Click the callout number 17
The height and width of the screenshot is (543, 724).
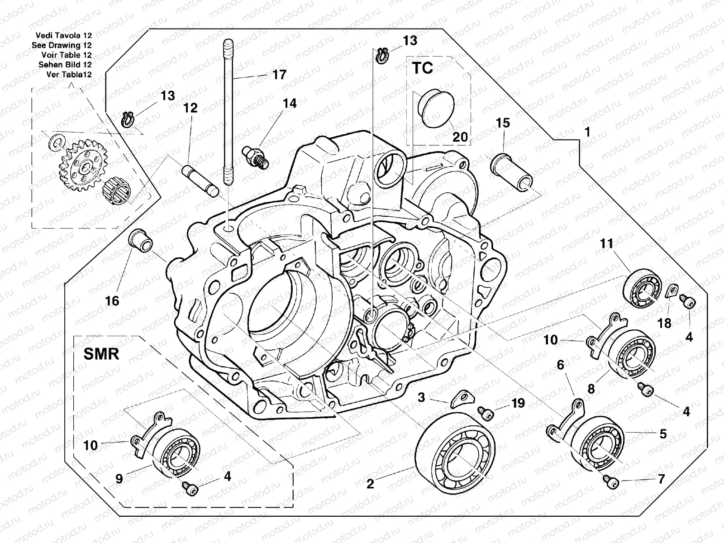(x=279, y=75)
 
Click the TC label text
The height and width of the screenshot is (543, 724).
(x=422, y=68)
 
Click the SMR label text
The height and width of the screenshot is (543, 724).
(x=101, y=353)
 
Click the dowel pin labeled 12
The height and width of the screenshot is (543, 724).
(x=200, y=180)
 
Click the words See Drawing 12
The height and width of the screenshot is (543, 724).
(x=62, y=45)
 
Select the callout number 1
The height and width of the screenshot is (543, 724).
(x=587, y=132)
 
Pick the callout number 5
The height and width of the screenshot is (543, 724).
(x=662, y=434)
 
